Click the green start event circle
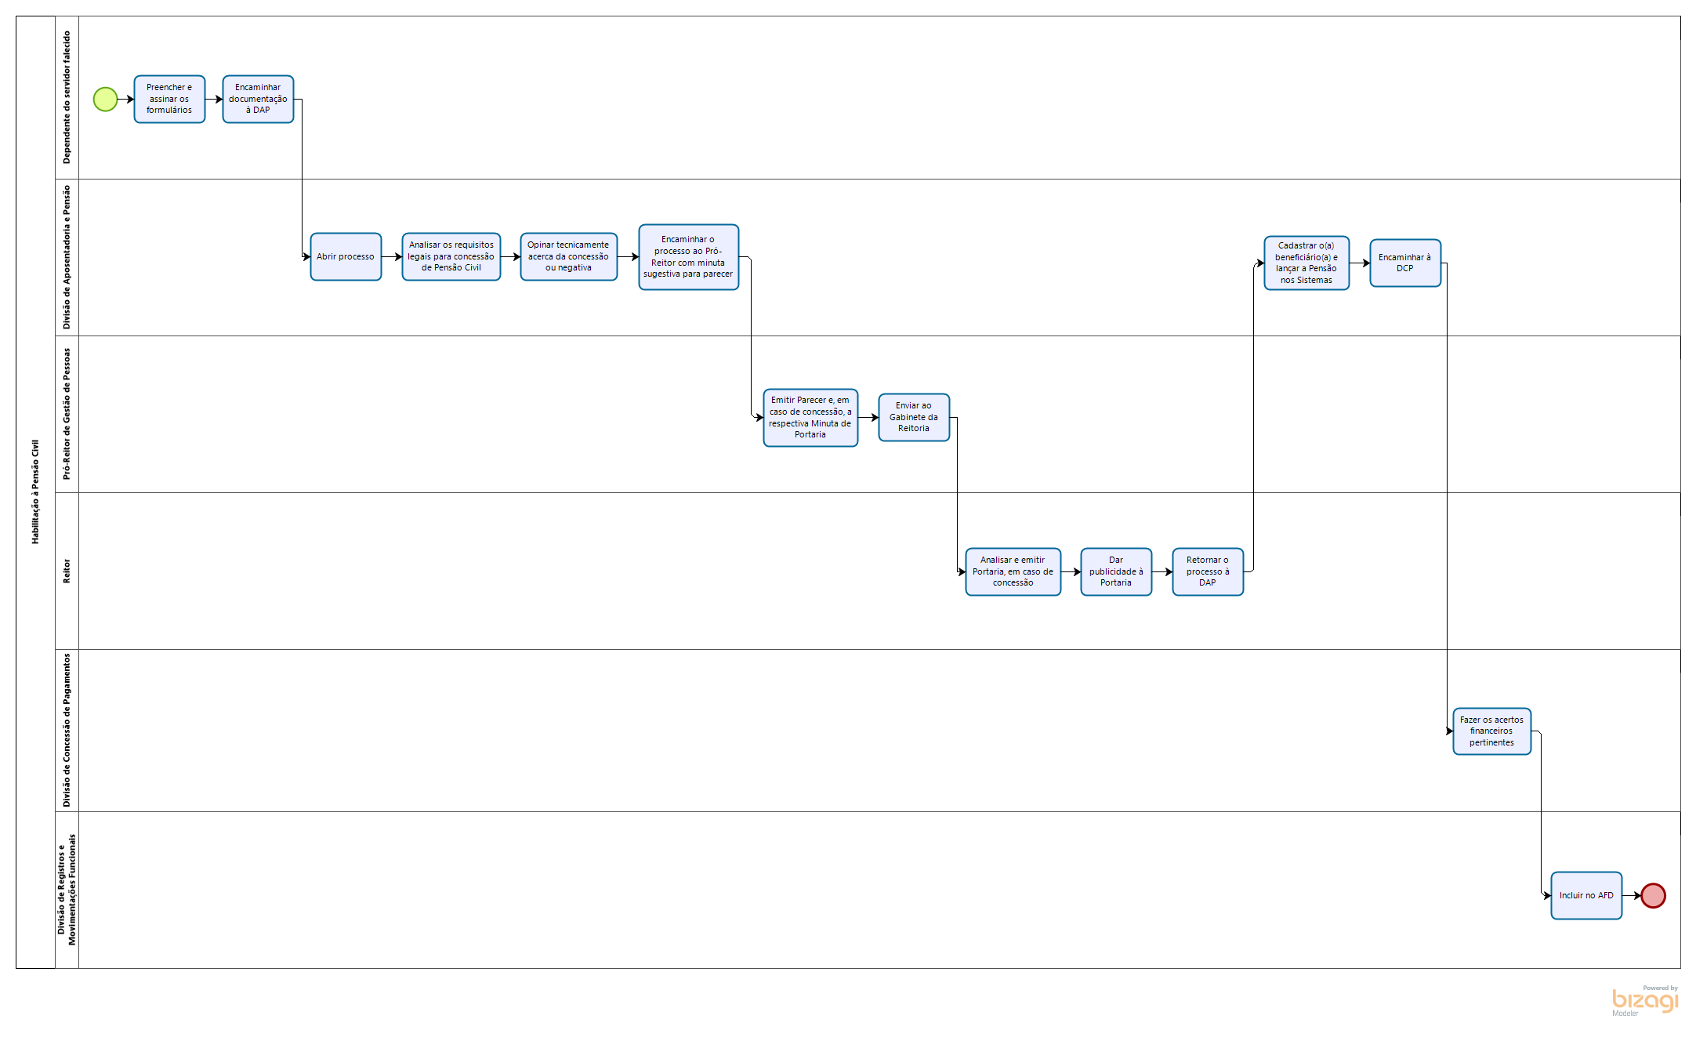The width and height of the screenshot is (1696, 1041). click(x=105, y=100)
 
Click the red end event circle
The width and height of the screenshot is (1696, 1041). click(x=1653, y=895)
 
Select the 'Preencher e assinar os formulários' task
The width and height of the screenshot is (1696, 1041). click(x=169, y=100)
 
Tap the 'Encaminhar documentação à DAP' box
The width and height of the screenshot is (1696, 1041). click(x=258, y=100)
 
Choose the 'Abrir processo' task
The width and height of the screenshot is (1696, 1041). click(x=346, y=257)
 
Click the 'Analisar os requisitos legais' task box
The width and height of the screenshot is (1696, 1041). click(x=451, y=257)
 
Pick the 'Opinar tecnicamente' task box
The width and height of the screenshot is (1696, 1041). click(x=568, y=257)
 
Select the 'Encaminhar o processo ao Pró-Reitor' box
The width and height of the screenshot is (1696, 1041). click(x=688, y=257)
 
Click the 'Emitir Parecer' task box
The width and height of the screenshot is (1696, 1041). click(x=810, y=418)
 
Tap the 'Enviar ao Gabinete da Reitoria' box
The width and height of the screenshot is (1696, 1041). click(x=914, y=418)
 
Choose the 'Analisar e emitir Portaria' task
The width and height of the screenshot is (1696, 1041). click(x=1013, y=572)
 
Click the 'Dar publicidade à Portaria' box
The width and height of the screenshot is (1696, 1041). click(x=1116, y=572)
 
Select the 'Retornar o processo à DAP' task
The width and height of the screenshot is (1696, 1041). click(x=1208, y=572)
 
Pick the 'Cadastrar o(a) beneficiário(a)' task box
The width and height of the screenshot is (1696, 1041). click(x=1306, y=263)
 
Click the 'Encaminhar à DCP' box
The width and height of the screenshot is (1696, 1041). click(x=1405, y=263)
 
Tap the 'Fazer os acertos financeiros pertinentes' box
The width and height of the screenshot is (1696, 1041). click(x=1491, y=731)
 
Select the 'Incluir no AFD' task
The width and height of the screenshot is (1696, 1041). click(x=1586, y=895)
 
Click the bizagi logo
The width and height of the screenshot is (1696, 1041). click(x=1644, y=1000)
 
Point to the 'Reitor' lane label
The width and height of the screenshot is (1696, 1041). click(x=67, y=571)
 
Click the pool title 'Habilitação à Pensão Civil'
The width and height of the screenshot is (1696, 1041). click(x=35, y=492)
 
